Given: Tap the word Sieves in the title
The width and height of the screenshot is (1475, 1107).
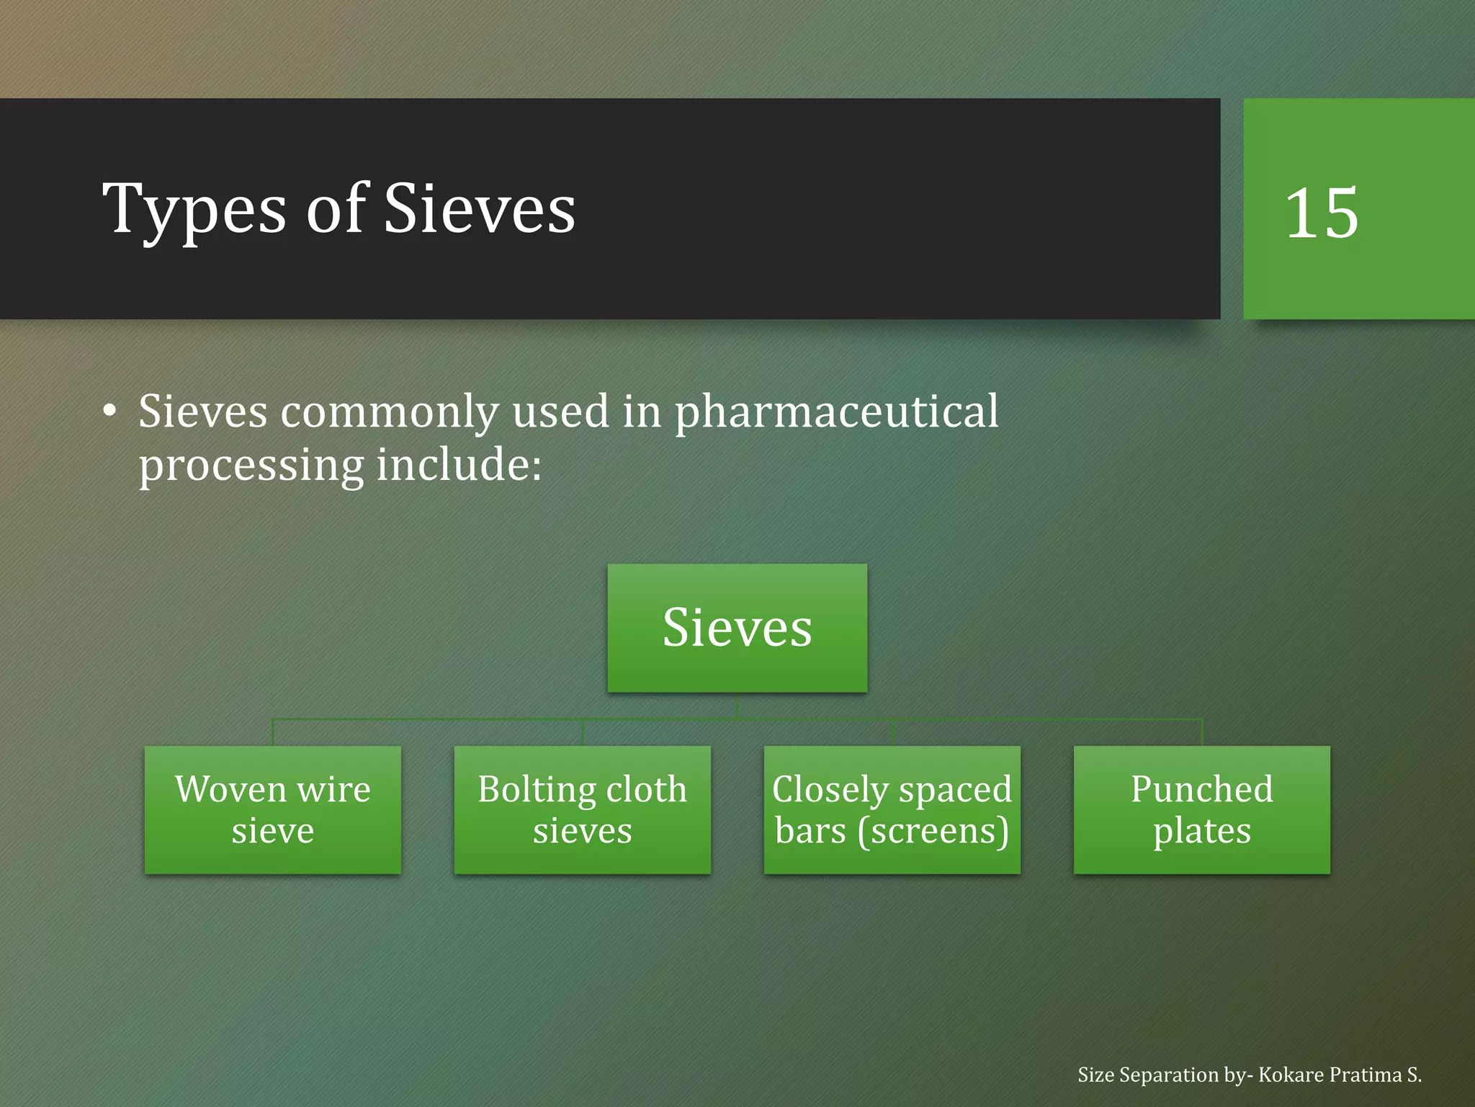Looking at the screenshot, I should click(x=480, y=209).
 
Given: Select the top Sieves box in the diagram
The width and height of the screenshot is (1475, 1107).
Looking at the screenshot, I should click(x=737, y=628).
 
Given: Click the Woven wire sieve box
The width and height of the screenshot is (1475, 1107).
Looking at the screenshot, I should click(x=272, y=809).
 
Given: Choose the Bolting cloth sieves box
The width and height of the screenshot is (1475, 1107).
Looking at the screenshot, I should click(x=582, y=809).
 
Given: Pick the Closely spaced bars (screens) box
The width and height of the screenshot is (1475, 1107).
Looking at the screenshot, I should click(x=892, y=809).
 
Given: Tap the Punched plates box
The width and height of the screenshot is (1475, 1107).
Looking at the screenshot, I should click(x=1201, y=809).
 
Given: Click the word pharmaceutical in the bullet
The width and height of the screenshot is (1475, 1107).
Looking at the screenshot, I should click(x=836, y=412).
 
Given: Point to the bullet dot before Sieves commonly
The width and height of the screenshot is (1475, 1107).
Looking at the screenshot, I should click(x=109, y=411).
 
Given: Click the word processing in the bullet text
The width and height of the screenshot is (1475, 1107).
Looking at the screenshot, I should click(x=251, y=466).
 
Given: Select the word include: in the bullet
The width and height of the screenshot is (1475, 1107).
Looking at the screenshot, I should click(x=459, y=465).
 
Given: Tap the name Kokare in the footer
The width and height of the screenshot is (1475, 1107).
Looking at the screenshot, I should click(x=1291, y=1075).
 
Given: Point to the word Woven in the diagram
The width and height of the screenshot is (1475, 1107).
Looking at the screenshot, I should click(x=230, y=789).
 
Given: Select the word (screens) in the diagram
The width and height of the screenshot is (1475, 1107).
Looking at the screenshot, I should click(x=933, y=831).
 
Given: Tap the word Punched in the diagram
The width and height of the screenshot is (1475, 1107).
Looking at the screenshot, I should click(x=1201, y=789).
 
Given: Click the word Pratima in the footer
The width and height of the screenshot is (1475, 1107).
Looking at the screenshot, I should click(x=1366, y=1075).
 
